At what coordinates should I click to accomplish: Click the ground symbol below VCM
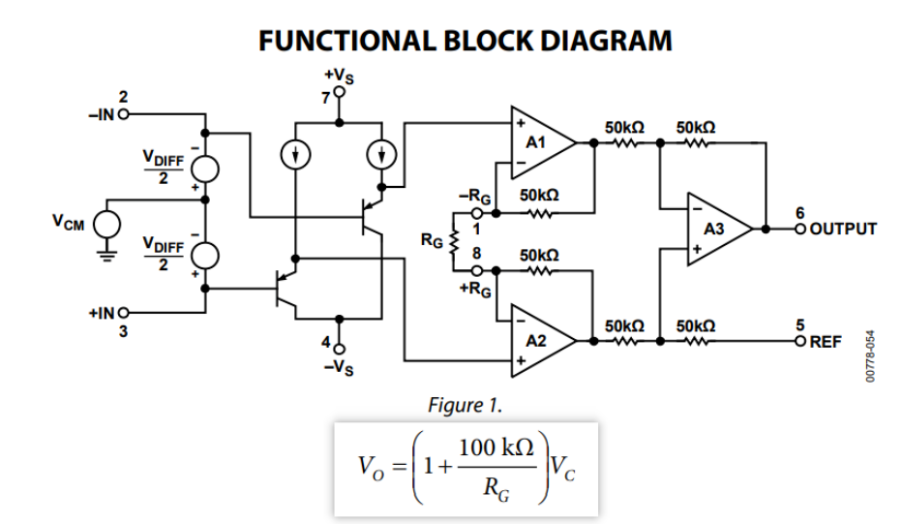pos(108,258)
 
